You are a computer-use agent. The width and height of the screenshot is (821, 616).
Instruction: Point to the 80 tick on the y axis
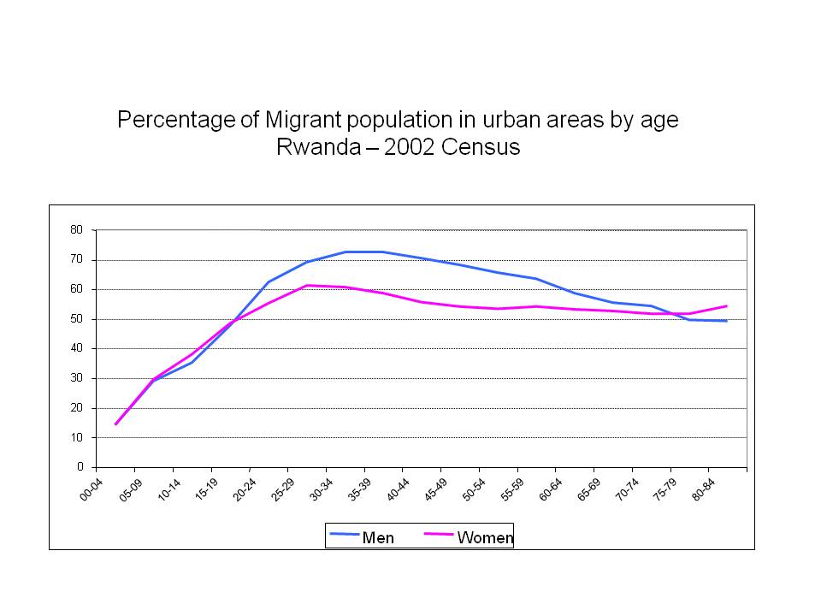click(x=77, y=230)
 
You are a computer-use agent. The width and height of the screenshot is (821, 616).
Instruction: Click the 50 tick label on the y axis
click(x=77, y=319)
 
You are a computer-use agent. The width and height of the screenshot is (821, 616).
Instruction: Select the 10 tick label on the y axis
click(x=77, y=437)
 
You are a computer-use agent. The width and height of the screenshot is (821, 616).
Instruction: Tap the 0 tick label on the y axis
click(x=80, y=467)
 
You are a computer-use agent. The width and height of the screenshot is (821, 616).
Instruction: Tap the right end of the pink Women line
click(x=727, y=306)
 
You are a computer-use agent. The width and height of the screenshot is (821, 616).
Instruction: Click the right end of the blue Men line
click(x=727, y=321)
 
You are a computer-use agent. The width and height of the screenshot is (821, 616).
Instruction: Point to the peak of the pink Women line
click(x=307, y=285)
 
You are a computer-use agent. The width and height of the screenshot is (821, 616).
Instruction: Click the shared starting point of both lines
click(x=115, y=424)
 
